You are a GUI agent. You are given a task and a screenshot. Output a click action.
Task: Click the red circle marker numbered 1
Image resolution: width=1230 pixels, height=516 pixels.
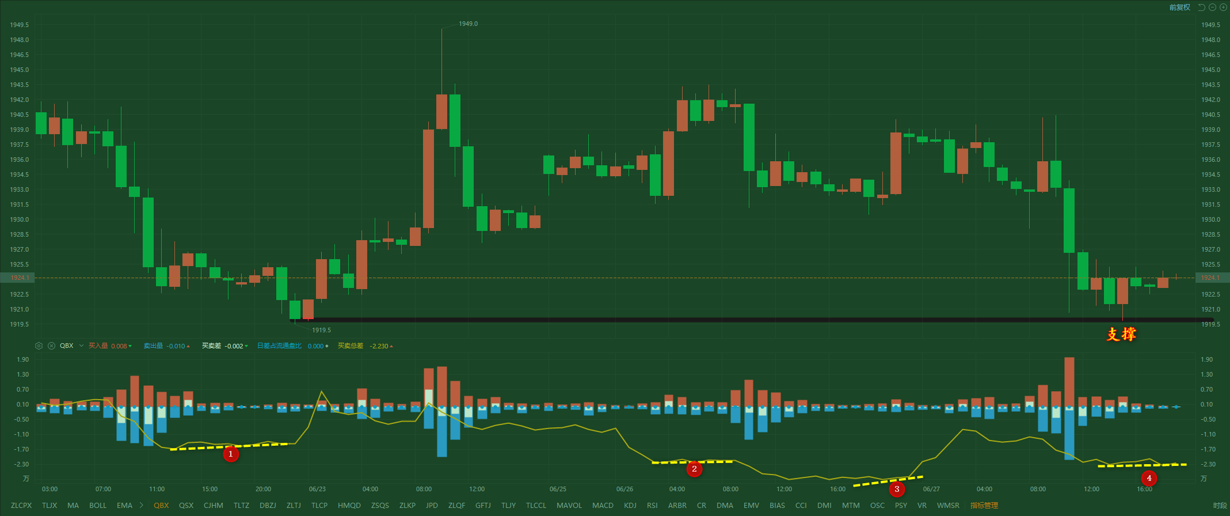click(231, 454)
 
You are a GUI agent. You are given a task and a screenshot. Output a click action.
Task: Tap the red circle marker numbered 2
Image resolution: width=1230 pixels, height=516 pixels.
click(694, 469)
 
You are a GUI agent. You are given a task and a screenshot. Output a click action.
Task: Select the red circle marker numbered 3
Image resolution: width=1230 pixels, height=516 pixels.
click(897, 490)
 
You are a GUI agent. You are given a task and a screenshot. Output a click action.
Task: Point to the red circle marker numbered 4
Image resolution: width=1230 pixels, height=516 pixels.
click(1149, 478)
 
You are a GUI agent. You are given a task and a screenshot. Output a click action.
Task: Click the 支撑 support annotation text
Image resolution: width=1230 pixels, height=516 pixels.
click(1121, 334)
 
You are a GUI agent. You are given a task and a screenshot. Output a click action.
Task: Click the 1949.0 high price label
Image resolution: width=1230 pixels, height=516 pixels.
click(468, 24)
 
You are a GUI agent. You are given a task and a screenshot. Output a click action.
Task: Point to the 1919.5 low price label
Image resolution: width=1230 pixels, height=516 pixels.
click(321, 330)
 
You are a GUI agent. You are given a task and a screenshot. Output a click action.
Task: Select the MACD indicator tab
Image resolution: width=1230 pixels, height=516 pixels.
click(603, 506)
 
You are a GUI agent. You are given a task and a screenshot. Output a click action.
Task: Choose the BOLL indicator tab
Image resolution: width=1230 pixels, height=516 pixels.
click(98, 506)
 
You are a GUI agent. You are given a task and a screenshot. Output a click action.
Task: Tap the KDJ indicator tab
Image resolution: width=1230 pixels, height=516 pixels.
click(630, 506)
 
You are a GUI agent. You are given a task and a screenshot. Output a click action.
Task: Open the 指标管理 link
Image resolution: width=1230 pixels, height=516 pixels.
click(984, 506)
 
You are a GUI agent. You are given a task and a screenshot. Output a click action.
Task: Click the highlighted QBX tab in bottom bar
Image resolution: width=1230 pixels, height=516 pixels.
click(161, 506)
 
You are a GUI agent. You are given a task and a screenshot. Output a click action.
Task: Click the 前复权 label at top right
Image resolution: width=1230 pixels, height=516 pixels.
click(1179, 7)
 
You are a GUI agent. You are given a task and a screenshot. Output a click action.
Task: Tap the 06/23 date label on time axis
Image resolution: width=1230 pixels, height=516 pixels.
click(317, 489)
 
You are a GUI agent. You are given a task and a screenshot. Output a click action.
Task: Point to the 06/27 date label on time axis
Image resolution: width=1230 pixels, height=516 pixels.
click(931, 489)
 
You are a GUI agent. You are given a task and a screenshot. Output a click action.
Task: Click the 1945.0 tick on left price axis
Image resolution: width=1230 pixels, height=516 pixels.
click(19, 70)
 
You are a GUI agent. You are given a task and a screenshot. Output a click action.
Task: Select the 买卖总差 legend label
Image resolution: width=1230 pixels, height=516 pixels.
click(351, 346)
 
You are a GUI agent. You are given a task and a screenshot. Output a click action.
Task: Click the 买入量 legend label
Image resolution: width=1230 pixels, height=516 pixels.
click(98, 346)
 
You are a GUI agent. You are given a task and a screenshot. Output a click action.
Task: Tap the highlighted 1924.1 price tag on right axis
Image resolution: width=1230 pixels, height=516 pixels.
click(1210, 278)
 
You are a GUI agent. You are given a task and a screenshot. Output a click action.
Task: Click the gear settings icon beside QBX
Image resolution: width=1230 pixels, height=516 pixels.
click(39, 346)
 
